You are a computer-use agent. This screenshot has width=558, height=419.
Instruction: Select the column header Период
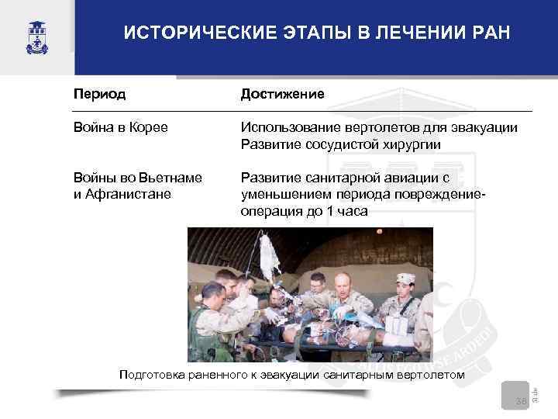tap(100, 93)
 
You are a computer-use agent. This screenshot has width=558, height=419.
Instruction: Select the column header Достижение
tap(282, 93)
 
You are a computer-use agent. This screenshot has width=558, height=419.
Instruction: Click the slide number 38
tap(521, 400)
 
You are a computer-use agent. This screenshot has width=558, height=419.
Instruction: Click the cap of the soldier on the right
tap(405, 278)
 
